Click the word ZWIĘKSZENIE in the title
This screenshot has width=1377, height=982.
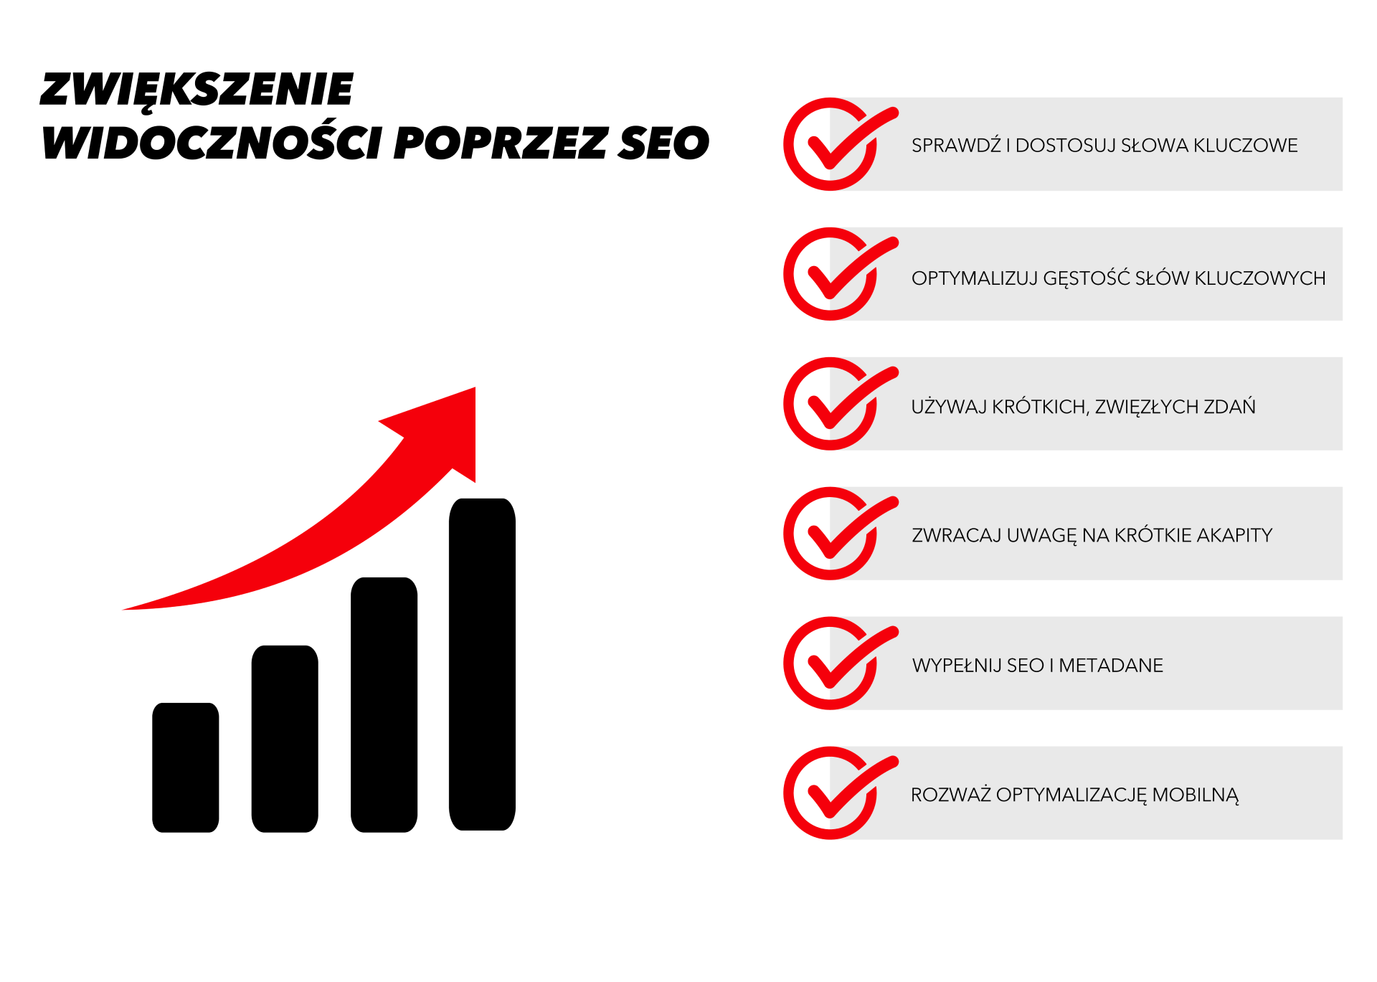pos(197,91)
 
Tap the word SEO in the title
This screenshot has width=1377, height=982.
pos(664,142)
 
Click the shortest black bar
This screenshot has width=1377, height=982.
pos(186,768)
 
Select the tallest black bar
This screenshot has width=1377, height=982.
pos(482,664)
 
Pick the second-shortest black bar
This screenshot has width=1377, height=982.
pos(285,739)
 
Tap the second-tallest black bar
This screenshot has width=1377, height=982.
pos(384,704)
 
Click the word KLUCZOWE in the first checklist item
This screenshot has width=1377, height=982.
pos(1246,146)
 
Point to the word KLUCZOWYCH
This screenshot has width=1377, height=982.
pos(1260,278)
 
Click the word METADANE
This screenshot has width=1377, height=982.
pos(1111,666)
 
